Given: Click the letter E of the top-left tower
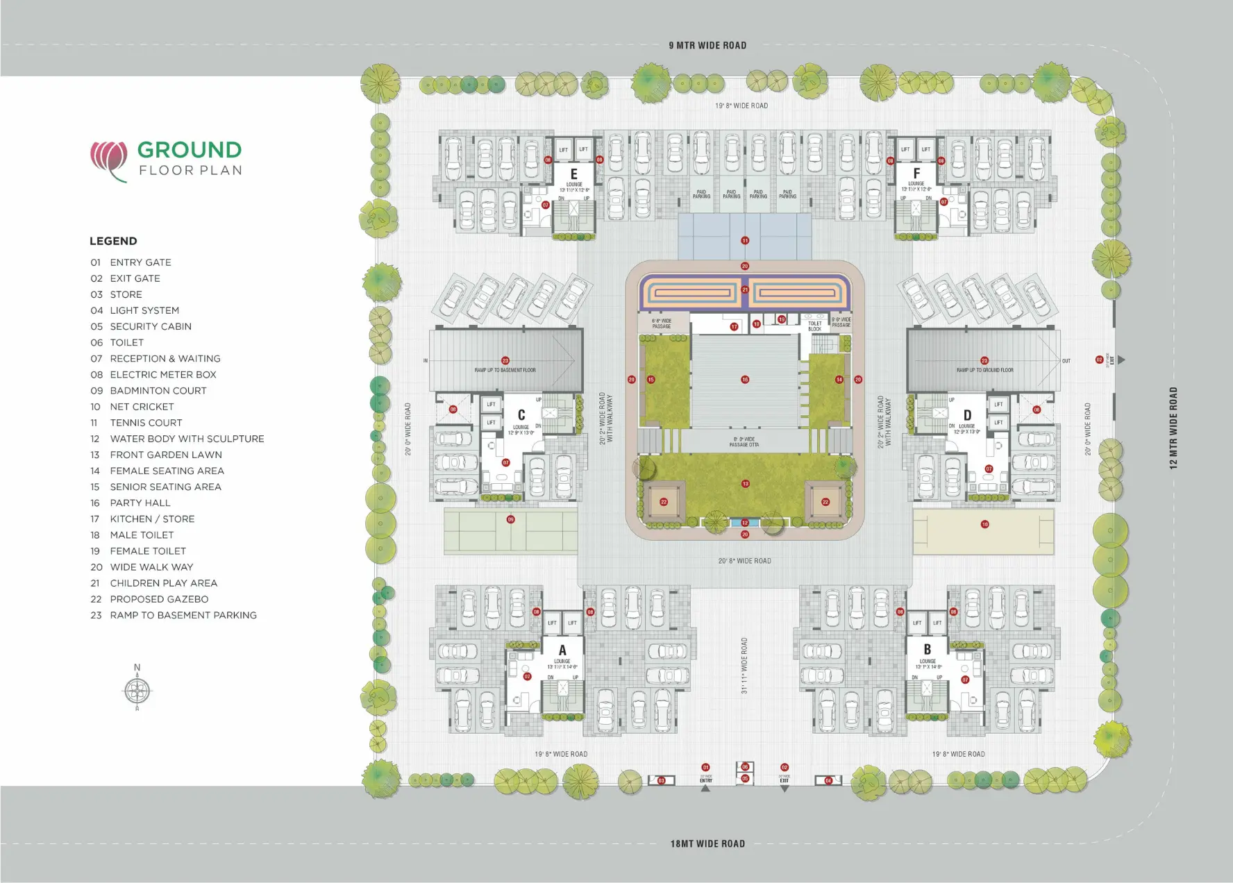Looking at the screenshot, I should coord(574,174).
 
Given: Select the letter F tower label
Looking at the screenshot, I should coord(916,174).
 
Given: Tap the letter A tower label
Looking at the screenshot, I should coord(562,650).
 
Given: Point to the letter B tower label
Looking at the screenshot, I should coord(928,650).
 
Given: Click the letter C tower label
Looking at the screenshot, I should coord(521,415).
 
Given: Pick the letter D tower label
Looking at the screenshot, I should coord(967,415).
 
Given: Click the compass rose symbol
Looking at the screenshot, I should coord(137,690).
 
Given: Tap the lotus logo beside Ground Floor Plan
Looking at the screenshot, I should coord(109,160).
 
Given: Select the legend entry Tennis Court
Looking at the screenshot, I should coord(146,423).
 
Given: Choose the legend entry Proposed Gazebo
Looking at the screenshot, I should coord(159,599).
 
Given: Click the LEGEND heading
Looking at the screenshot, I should coord(113,241).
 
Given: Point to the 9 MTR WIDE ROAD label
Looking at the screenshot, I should coord(707,46).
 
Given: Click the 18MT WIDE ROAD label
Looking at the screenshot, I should coord(707,844).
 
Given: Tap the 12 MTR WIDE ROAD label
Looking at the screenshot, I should coord(1173,428).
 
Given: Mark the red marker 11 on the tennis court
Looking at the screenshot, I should coord(745,241).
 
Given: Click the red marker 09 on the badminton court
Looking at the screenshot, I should coord(511,519).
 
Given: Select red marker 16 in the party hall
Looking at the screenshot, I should coord(745,380).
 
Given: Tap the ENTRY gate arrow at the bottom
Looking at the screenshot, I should coord(706,788).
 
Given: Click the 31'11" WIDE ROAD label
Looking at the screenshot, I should coord(744,666).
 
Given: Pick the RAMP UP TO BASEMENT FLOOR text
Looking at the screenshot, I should coord(505,370).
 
